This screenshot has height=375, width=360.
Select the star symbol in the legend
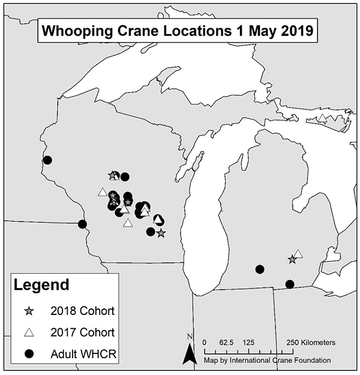click(x=28, y=311)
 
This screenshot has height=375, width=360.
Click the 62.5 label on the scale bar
click(x=226, y=342)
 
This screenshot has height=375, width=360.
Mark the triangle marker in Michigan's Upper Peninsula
click(x=322, y=118)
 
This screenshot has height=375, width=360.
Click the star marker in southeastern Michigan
click(x=292, y=260)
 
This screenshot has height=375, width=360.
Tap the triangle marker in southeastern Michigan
click(x=298, y=254)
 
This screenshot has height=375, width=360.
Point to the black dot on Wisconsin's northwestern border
click(x=47, y=160)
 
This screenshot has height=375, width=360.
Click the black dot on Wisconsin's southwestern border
click(x=83, y=224)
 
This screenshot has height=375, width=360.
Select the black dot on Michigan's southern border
click(x=290, y=284)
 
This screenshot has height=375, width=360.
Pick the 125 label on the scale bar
click(x=248, y=342)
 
